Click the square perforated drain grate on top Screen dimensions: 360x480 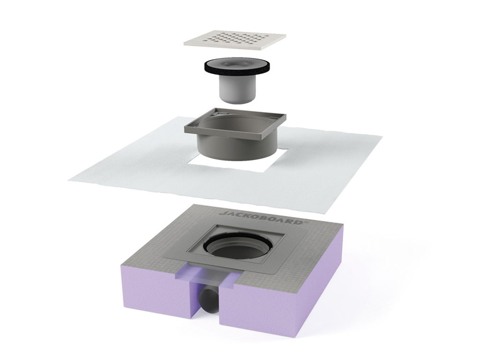pyautogui.click(x=234, y=39)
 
